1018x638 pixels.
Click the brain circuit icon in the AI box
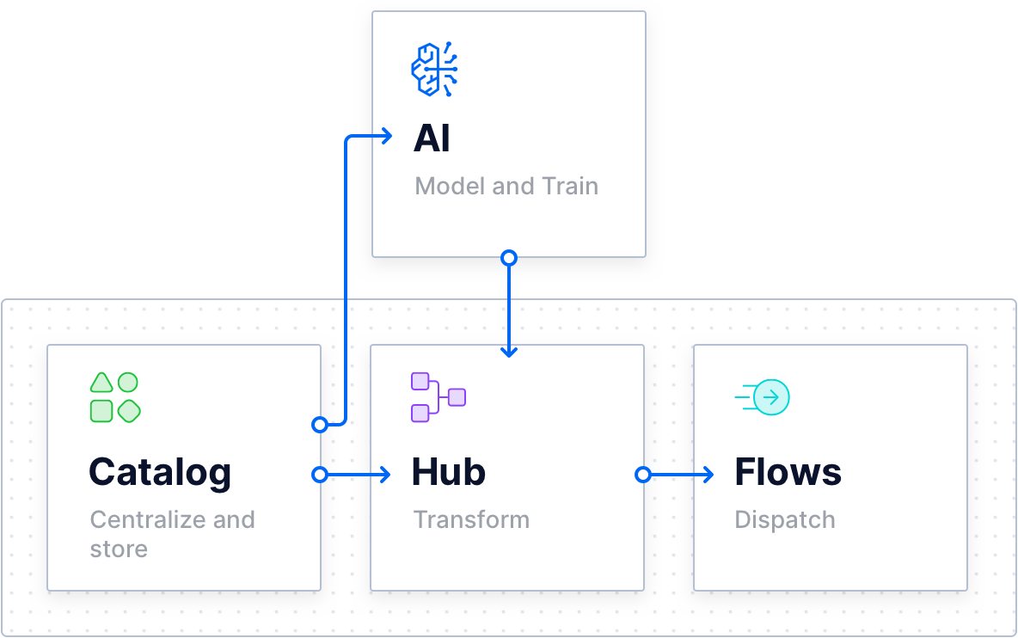pos(434,69)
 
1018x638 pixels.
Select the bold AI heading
pos(432,138)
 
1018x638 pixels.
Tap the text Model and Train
pos(506,186)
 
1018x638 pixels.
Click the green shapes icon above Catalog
pos(115,397)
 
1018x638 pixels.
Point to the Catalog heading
pos(160,472)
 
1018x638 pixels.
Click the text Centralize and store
pos(172,534)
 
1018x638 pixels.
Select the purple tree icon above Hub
pos(438,397)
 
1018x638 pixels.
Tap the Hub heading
pos(448,472)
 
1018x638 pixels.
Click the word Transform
pos(471,519)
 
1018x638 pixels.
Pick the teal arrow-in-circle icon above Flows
pos(763,397)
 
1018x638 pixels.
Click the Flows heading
pos(788,472)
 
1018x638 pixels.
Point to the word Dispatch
pos(785,519)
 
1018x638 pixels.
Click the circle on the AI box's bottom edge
pos(509,257)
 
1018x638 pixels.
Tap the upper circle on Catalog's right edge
pos(320,424)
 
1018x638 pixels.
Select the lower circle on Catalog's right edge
pos(320,475)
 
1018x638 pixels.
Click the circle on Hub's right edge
pos(642,475)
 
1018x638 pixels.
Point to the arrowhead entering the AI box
pos(387,136)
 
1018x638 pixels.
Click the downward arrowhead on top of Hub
pos(509,351)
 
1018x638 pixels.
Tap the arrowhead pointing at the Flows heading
pos(708,475)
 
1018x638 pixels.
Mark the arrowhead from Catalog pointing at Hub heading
pos(385,475)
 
